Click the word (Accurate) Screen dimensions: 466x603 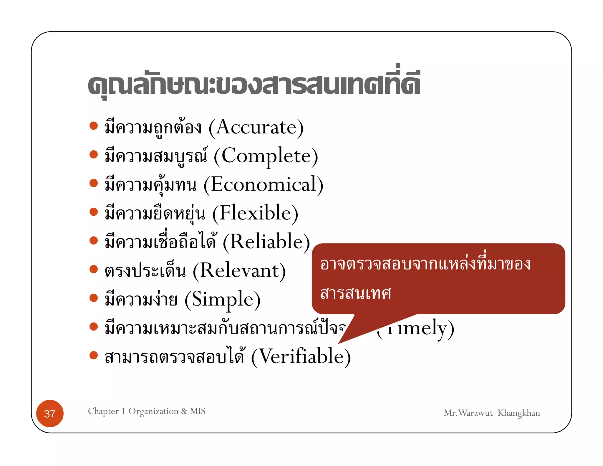click(256, 128)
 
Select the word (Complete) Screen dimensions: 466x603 click(266, 156)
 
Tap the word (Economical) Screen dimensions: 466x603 click(263, 185)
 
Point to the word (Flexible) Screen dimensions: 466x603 click(255, 213)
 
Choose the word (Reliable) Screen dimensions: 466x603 click(266, 242)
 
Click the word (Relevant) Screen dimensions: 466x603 click(239, 270)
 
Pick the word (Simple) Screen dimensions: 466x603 click(223, 299)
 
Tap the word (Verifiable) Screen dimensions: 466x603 click(301, 356)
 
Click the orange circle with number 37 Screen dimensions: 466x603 click(50, 413)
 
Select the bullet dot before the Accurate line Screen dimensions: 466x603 click(94, 126)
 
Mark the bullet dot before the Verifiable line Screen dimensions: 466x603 click(94, 355)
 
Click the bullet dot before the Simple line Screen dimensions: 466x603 click(94, 298)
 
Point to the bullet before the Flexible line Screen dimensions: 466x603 click(94, 212)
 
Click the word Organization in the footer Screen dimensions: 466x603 click(153, 411)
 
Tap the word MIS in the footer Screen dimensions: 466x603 click(198, 411)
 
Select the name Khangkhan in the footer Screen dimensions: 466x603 click(518, 413)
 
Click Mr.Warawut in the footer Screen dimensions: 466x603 click(468, 413)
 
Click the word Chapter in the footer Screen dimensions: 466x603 click(103, 411)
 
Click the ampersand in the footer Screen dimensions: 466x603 click(184, 411)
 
